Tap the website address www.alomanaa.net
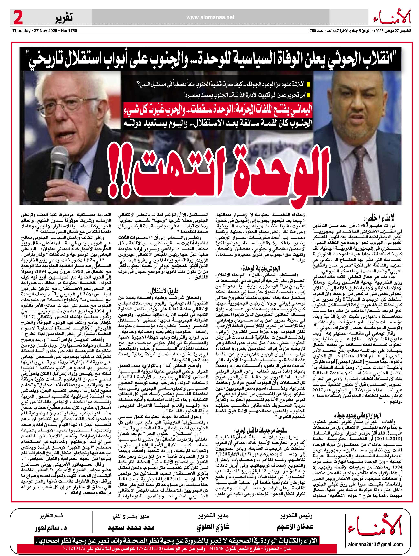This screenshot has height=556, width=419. pos(210,17)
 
